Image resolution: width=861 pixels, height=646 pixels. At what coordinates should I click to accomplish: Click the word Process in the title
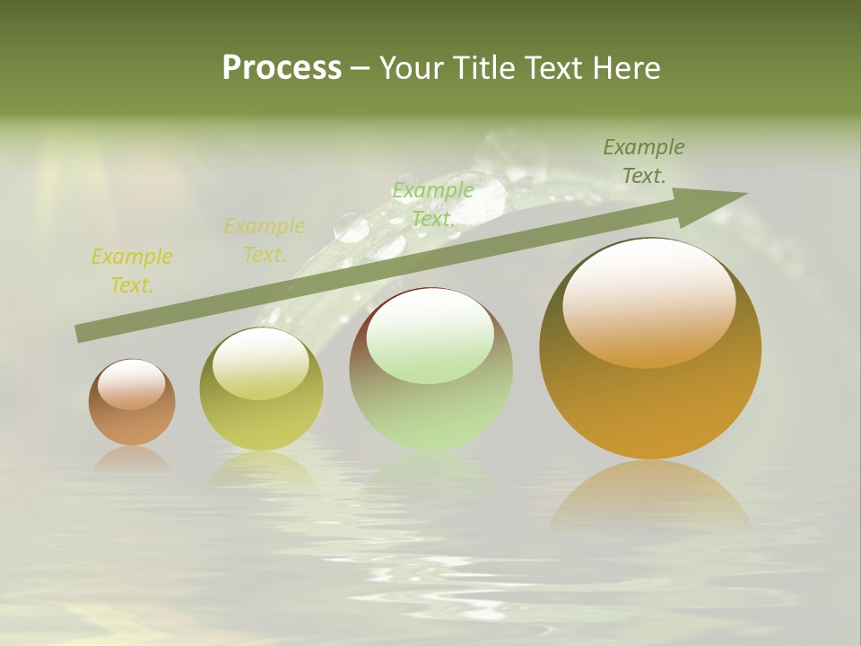[x=282, y=68]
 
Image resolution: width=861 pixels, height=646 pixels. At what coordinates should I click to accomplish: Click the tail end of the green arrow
[x=78, y=334]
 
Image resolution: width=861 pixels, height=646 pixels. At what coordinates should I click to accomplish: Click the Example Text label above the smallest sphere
[x=132, y=271]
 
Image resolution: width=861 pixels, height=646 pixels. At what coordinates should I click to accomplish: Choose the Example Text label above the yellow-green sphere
[x=265, y=240]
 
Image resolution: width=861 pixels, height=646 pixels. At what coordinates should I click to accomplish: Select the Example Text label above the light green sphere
[x=433, y=205]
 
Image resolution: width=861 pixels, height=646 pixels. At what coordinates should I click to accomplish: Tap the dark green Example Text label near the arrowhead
[x=644, y=161]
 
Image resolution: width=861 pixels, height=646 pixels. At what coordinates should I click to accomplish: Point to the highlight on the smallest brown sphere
[x=131, y=384]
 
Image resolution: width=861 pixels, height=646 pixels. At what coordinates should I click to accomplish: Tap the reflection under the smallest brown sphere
[x=132, y=459]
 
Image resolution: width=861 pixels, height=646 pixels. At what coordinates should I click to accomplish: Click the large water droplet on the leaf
[x=351, y=228]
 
